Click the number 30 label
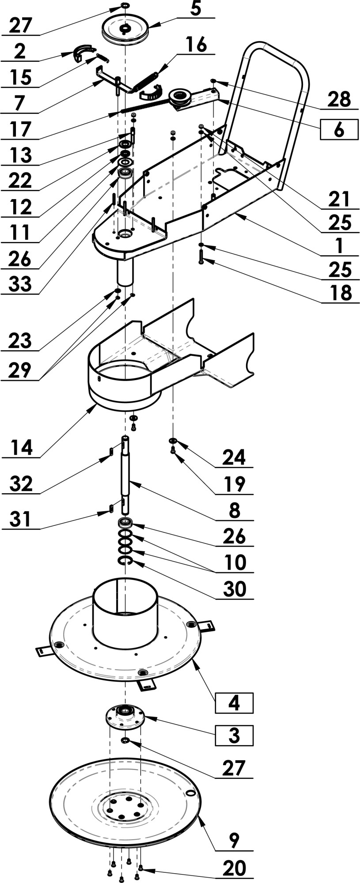[234, 589]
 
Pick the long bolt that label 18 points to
[201, 257]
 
